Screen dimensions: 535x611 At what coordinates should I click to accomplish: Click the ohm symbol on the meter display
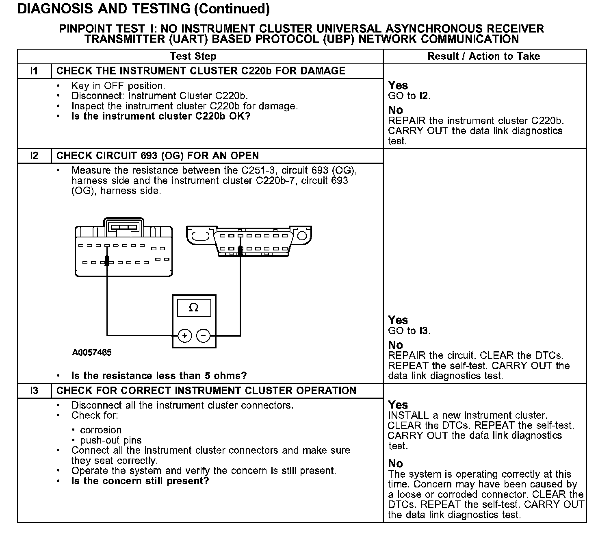point(194,308)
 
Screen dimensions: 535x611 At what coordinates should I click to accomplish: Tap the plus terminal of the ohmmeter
point(185,336)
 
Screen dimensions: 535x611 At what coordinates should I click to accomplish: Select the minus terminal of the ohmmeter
point(204,336)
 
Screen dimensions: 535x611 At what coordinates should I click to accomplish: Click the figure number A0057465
point(92,352)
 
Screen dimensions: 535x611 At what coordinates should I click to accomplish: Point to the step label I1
point(35,71)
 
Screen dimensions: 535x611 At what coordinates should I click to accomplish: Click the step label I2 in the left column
point(35,156)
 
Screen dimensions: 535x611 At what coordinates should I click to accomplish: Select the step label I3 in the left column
point(35,391)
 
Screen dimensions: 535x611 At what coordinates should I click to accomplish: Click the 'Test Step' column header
point(193,57)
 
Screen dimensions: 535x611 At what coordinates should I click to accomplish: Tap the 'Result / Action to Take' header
point(483,57)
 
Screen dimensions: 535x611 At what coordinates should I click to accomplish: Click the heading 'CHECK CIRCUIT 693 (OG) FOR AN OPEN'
point(158,156)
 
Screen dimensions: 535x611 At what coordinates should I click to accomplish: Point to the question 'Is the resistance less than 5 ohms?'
point(159,376)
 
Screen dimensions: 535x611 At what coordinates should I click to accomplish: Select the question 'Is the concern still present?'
point(140,481)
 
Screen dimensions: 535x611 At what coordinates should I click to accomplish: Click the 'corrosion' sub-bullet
point(101,430)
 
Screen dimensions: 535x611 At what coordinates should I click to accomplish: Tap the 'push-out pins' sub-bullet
point(110,440)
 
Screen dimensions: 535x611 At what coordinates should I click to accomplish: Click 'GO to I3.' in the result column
point(409,331)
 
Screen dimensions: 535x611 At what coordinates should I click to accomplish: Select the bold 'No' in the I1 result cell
point(396,110)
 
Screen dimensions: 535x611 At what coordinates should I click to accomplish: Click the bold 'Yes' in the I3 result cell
point(398,405)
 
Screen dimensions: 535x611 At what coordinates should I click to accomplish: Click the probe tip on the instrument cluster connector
point(107,260)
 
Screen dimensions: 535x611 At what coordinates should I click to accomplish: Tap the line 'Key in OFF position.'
point(118,86)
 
